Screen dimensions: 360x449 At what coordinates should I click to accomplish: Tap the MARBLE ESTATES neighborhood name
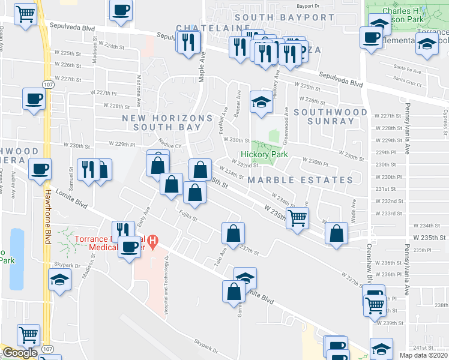309,180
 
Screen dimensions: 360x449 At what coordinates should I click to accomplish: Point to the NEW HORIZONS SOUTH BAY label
167,122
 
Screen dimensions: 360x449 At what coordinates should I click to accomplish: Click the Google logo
20,353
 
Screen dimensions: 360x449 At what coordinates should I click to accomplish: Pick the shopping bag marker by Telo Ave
233,233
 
